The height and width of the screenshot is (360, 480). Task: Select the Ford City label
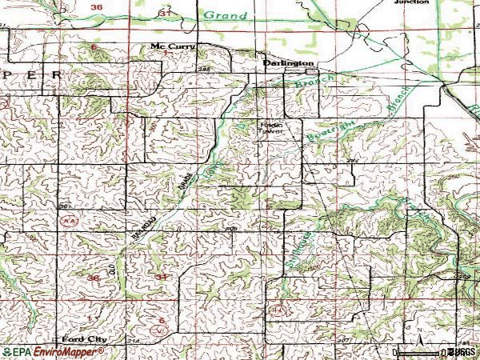82,339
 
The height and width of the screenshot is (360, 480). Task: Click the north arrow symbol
417,330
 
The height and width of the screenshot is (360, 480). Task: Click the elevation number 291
350,162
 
